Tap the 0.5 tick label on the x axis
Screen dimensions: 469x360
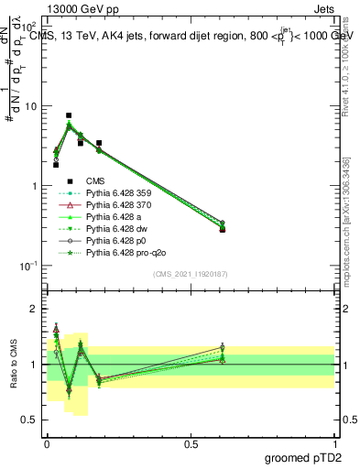191,442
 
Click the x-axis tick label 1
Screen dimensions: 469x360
334,442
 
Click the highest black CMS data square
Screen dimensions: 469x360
69,115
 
